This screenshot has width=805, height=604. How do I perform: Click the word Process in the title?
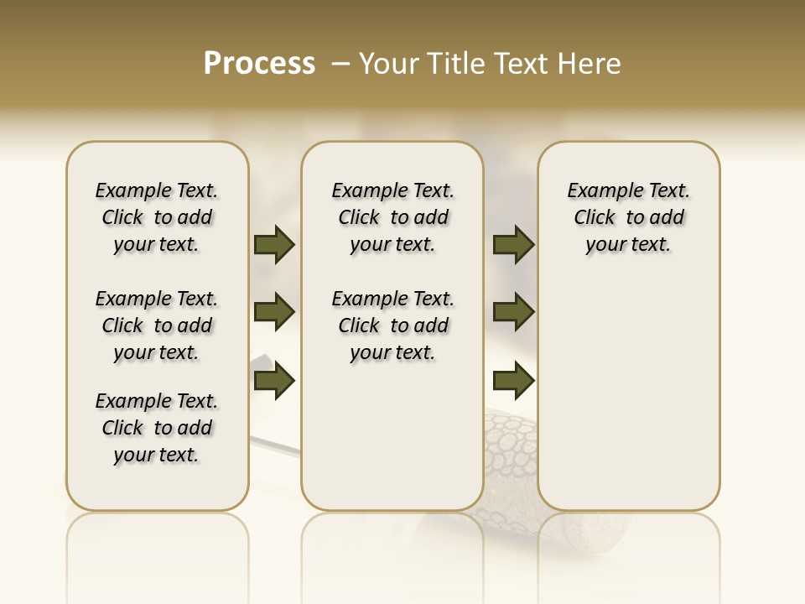pyautogui.click(x=259, y=64)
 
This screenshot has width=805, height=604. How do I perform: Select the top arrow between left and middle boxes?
pyautogui.click(x=274, y=244)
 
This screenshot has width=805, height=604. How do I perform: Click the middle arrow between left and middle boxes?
pyautogui.click(x=274, y=313)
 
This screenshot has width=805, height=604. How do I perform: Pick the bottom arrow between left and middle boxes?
pyautogui.click(x=274, y=382)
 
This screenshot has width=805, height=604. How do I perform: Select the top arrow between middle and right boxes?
pyautogui.click(x=513, y=244)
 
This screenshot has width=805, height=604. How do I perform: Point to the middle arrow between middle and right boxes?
pyautogui.click(x=513, y=313)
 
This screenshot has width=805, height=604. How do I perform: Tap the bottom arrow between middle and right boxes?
pyautogui.click(x=513, y=382)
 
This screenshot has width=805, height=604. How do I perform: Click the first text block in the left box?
pyautogui.click(x=157, y=217)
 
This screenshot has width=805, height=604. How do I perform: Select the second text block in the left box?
pyautogui.click(x=157, y=325)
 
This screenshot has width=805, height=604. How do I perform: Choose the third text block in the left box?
pyautogui.click(x=157, y=428)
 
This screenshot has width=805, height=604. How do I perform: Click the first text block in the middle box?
pyautogui.click(x=392, y=217)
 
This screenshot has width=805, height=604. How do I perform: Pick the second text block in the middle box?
pyautogui.click(x=392, y=325)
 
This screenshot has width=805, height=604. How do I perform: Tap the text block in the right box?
pyautogui.click(x=628, y=217)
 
